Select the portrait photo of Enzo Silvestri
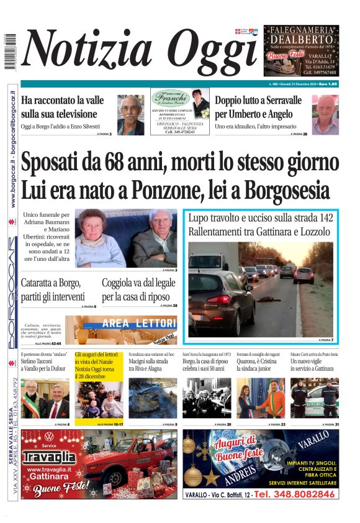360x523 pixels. (130, 115)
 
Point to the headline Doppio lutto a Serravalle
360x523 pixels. (267, 106)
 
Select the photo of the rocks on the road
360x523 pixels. (153, 398)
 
